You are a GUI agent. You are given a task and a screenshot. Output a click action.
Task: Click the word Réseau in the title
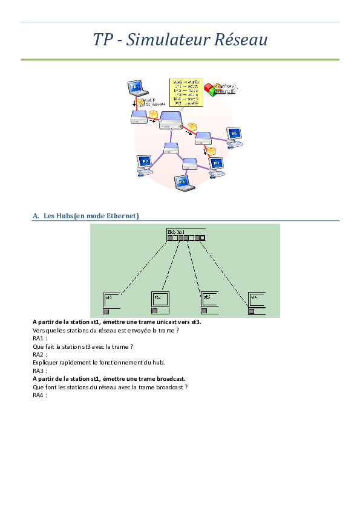click(x=239, y=40)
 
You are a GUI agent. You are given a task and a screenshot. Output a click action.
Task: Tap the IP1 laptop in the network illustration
click(x=137, y=89)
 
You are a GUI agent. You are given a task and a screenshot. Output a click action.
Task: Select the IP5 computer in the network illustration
click(x=234, y=136)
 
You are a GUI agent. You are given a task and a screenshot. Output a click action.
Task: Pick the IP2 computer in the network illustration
click(x=145, y=163)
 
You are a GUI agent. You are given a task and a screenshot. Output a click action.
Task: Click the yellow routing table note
click(x=185, y=92)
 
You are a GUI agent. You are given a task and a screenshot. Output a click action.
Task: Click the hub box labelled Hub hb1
click(x=186, y=235)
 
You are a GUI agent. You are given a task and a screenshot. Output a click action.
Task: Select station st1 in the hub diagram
click(x=113, y=303)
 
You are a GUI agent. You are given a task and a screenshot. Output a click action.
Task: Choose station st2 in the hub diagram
click(x=162, y=302)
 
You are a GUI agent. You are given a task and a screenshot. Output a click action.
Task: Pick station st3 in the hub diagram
click(x=210, y=302)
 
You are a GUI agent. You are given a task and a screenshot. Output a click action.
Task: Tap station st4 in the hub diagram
click(x=257, y=302)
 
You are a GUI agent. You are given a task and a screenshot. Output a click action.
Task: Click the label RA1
click(x=39, y=339)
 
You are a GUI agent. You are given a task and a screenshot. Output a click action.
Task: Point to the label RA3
click(x=39, y=371)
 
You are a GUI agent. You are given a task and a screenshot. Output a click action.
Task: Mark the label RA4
click(x=39, y=395)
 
